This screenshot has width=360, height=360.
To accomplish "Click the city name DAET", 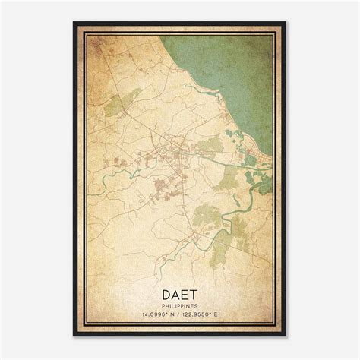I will point(180,292).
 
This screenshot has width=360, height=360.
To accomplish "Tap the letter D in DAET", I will point(164,292).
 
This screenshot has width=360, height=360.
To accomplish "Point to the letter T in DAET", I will point(196,292).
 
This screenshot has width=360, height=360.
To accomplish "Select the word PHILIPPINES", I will point(180,304).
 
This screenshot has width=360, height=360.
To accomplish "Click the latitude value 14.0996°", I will point(152,313).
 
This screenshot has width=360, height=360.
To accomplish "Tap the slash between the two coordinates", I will point(180,313).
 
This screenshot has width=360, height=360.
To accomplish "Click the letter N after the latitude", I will point(172,313).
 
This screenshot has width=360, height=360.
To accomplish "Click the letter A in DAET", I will point(175,292).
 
